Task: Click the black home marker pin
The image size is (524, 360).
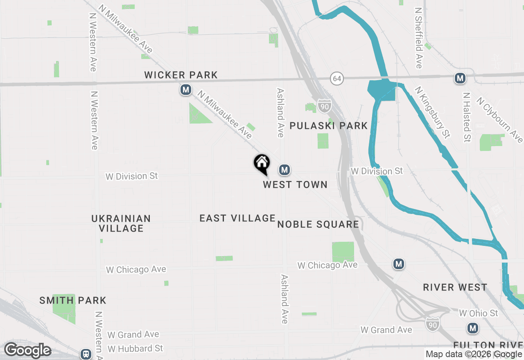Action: (262, 164)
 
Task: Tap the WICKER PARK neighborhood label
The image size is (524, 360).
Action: (181, 75)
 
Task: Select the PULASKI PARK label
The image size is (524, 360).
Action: (329, 126)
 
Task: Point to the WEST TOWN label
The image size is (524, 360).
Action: (295, 185)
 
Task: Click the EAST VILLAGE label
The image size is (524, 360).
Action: (237, 218)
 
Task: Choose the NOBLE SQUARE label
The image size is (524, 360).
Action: (318, 224)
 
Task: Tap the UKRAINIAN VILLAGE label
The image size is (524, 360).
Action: (121, 223)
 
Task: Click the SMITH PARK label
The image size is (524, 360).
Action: (73, 301)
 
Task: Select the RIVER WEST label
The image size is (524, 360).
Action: (455, 287)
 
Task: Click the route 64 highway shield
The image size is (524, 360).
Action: (337, 78)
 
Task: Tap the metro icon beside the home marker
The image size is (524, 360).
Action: (285, 169)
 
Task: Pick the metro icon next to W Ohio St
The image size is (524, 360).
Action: (473, 328)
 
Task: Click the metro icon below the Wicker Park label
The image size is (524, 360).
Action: (186, 90)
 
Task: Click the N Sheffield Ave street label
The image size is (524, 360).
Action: (418, 38)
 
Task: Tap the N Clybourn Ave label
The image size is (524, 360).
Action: (499, 119)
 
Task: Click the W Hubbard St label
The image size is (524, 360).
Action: (136, 349)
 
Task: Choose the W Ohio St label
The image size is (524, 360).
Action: (479, 313)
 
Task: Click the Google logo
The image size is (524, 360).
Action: (28, 351)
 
